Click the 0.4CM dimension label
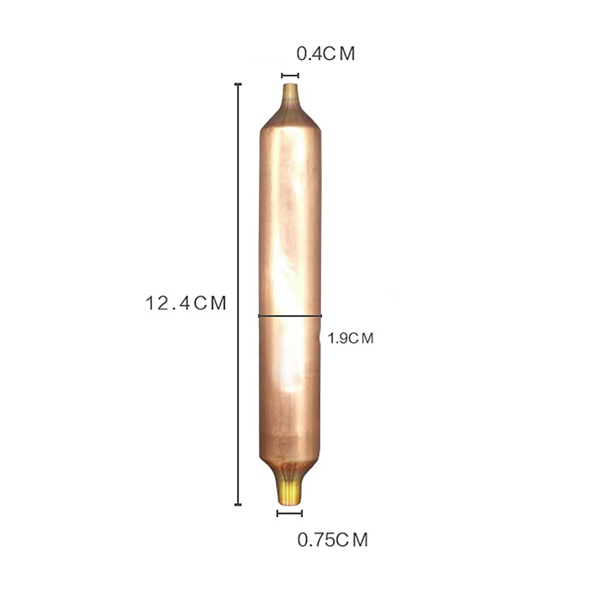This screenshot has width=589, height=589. click(x=326, y=54)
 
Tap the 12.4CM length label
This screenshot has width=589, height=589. click(x=186, y=303)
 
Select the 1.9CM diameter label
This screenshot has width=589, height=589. click(x=350, y=338)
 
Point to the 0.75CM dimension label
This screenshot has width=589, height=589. click(x=332, y=540)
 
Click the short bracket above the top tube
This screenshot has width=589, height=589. click(x=290, y=75)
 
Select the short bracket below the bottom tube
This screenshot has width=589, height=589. click(x=290, y=513)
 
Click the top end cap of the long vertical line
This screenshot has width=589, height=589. click(x=238, y=85)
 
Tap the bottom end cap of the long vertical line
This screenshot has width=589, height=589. click(x=238, y=504)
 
